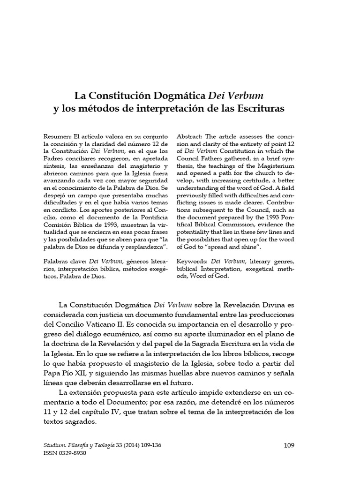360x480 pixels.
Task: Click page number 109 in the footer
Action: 289,445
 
